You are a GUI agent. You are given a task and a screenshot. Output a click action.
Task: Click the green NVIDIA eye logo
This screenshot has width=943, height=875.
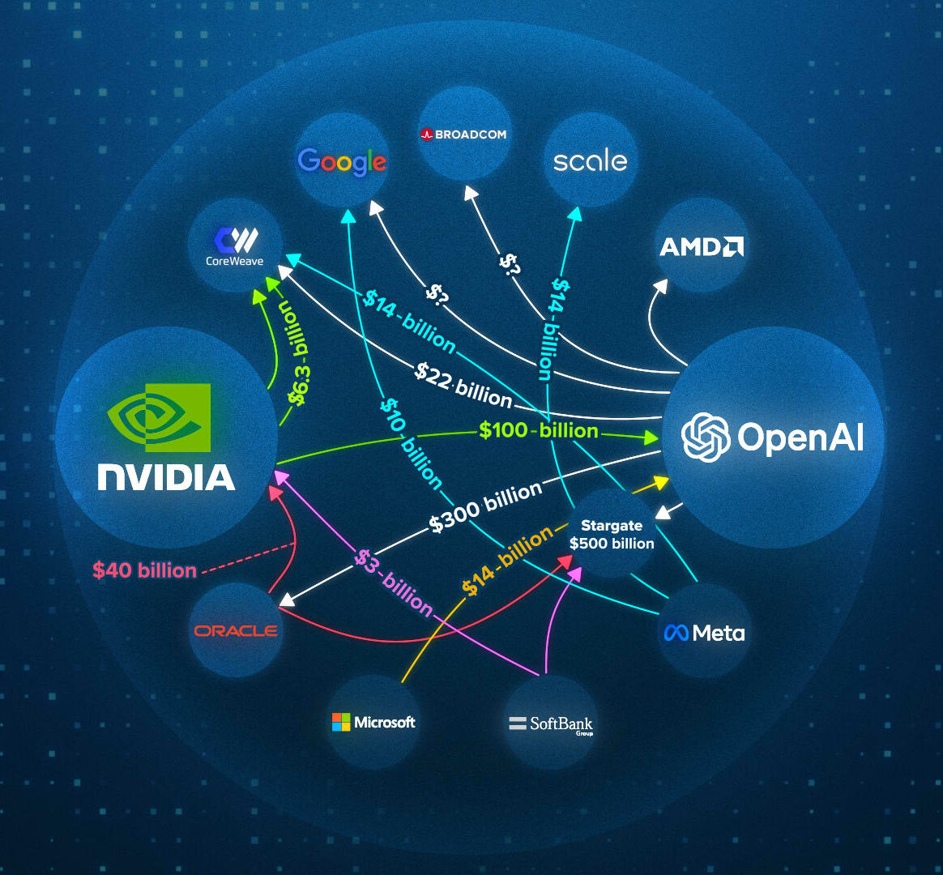[x=159, y=417]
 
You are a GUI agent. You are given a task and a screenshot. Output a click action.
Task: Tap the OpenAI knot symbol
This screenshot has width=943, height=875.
[x=706, y=437]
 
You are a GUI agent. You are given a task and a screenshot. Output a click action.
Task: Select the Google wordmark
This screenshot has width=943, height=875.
[x=342, y=162]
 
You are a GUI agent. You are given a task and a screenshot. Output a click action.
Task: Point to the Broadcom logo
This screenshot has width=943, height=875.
[x=463, y=134]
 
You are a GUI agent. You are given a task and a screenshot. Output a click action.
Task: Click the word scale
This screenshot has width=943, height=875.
[x=590, y=160]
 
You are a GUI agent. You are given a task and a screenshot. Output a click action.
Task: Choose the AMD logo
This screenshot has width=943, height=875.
[x=702, y=246]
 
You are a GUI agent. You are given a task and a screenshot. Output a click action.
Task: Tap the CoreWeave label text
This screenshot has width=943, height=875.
[x=235, y=261]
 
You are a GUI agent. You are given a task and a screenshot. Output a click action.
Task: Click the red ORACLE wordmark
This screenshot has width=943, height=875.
[x=236, y=630]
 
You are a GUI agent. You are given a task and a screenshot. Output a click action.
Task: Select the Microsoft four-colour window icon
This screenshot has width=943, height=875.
[x=341, y=722]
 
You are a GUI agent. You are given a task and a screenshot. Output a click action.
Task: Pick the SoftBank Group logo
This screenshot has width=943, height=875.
[x=551, y=724]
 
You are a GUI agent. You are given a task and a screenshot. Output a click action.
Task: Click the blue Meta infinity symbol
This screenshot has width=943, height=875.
[x=676, y=633]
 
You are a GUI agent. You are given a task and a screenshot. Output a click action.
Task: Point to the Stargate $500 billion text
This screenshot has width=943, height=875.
[x=612, y=535]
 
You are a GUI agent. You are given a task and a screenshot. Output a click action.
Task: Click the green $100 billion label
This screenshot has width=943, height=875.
[x=538, y=430]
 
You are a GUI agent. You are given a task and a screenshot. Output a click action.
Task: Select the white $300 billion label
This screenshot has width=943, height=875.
[x=486, y=508]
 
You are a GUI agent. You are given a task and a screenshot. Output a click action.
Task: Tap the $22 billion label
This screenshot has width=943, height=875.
[x=463, y=385]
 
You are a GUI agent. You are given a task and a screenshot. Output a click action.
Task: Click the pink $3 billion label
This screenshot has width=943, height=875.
[x=393, y=583]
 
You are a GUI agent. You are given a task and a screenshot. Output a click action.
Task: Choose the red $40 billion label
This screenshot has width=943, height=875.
[x=145, y=570]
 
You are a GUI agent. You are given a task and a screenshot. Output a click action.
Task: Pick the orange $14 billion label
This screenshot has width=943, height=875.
[x=507, y=561]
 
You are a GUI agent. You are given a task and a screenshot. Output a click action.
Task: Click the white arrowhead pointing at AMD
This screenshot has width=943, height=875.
[x=661, y=285]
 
